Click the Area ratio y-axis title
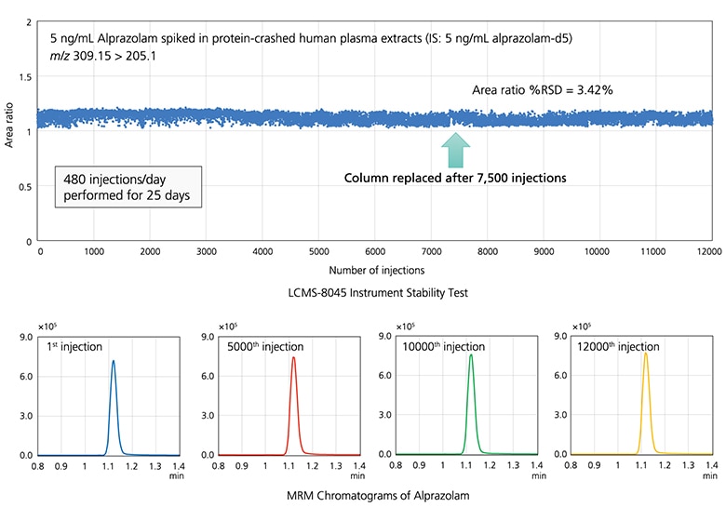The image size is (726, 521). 10,131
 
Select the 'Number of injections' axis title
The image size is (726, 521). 374,270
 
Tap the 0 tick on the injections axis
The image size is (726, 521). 40,251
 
